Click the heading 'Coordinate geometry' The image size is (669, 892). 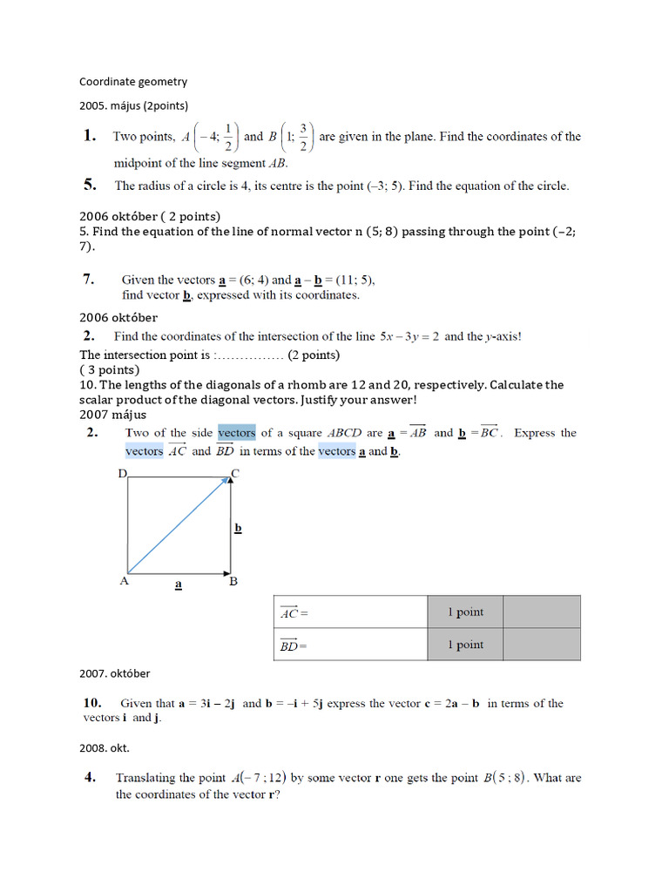coord(133,82)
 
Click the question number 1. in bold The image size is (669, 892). coord(89,136)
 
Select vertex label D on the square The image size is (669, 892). coord(123,474)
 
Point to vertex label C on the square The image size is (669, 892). coord(234,474)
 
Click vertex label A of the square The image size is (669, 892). coord(124,581)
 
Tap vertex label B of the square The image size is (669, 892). coord(233,581)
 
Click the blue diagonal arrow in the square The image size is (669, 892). coord(179,526)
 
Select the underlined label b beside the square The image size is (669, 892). coord(238,528)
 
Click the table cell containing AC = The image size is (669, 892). coord(349,612)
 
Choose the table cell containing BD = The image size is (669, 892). coord(349,645)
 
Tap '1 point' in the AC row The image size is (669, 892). coord(465,612)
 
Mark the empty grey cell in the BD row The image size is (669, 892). coord(542,645)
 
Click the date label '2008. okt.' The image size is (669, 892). coord(105,748)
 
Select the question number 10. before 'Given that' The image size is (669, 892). coord(93,703)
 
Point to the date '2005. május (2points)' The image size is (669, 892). coord(133,105)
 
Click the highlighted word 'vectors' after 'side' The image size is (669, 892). coord(236,433)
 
